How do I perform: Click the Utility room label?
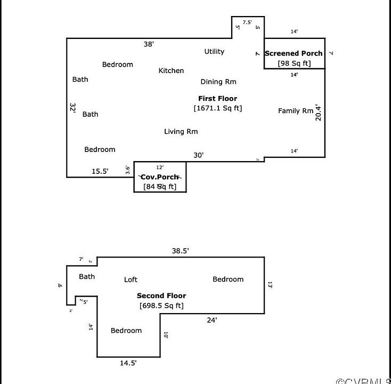pos(214,52)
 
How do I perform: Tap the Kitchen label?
pos(171,70)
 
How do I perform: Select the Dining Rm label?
pos(218,82)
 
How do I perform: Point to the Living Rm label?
pos(181,131)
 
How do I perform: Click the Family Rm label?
pos(296,111)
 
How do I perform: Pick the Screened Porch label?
pos(294,53)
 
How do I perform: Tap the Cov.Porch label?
pos(159,177)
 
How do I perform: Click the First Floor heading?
pos(217,98)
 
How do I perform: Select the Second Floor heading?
pos(161,295)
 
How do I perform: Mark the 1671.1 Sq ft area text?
pos(217,108)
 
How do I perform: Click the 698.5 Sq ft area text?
pos(161,306)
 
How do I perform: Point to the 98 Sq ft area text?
pos(294,63)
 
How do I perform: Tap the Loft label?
pos(131,279)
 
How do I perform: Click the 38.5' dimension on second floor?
pos(181,250)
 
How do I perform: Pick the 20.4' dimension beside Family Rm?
pos(319,112)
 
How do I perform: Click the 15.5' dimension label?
pos(100,171)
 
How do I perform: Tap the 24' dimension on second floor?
pos(212,320)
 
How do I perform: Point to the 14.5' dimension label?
pos(128,363)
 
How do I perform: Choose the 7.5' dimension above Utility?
pos(247,22)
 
